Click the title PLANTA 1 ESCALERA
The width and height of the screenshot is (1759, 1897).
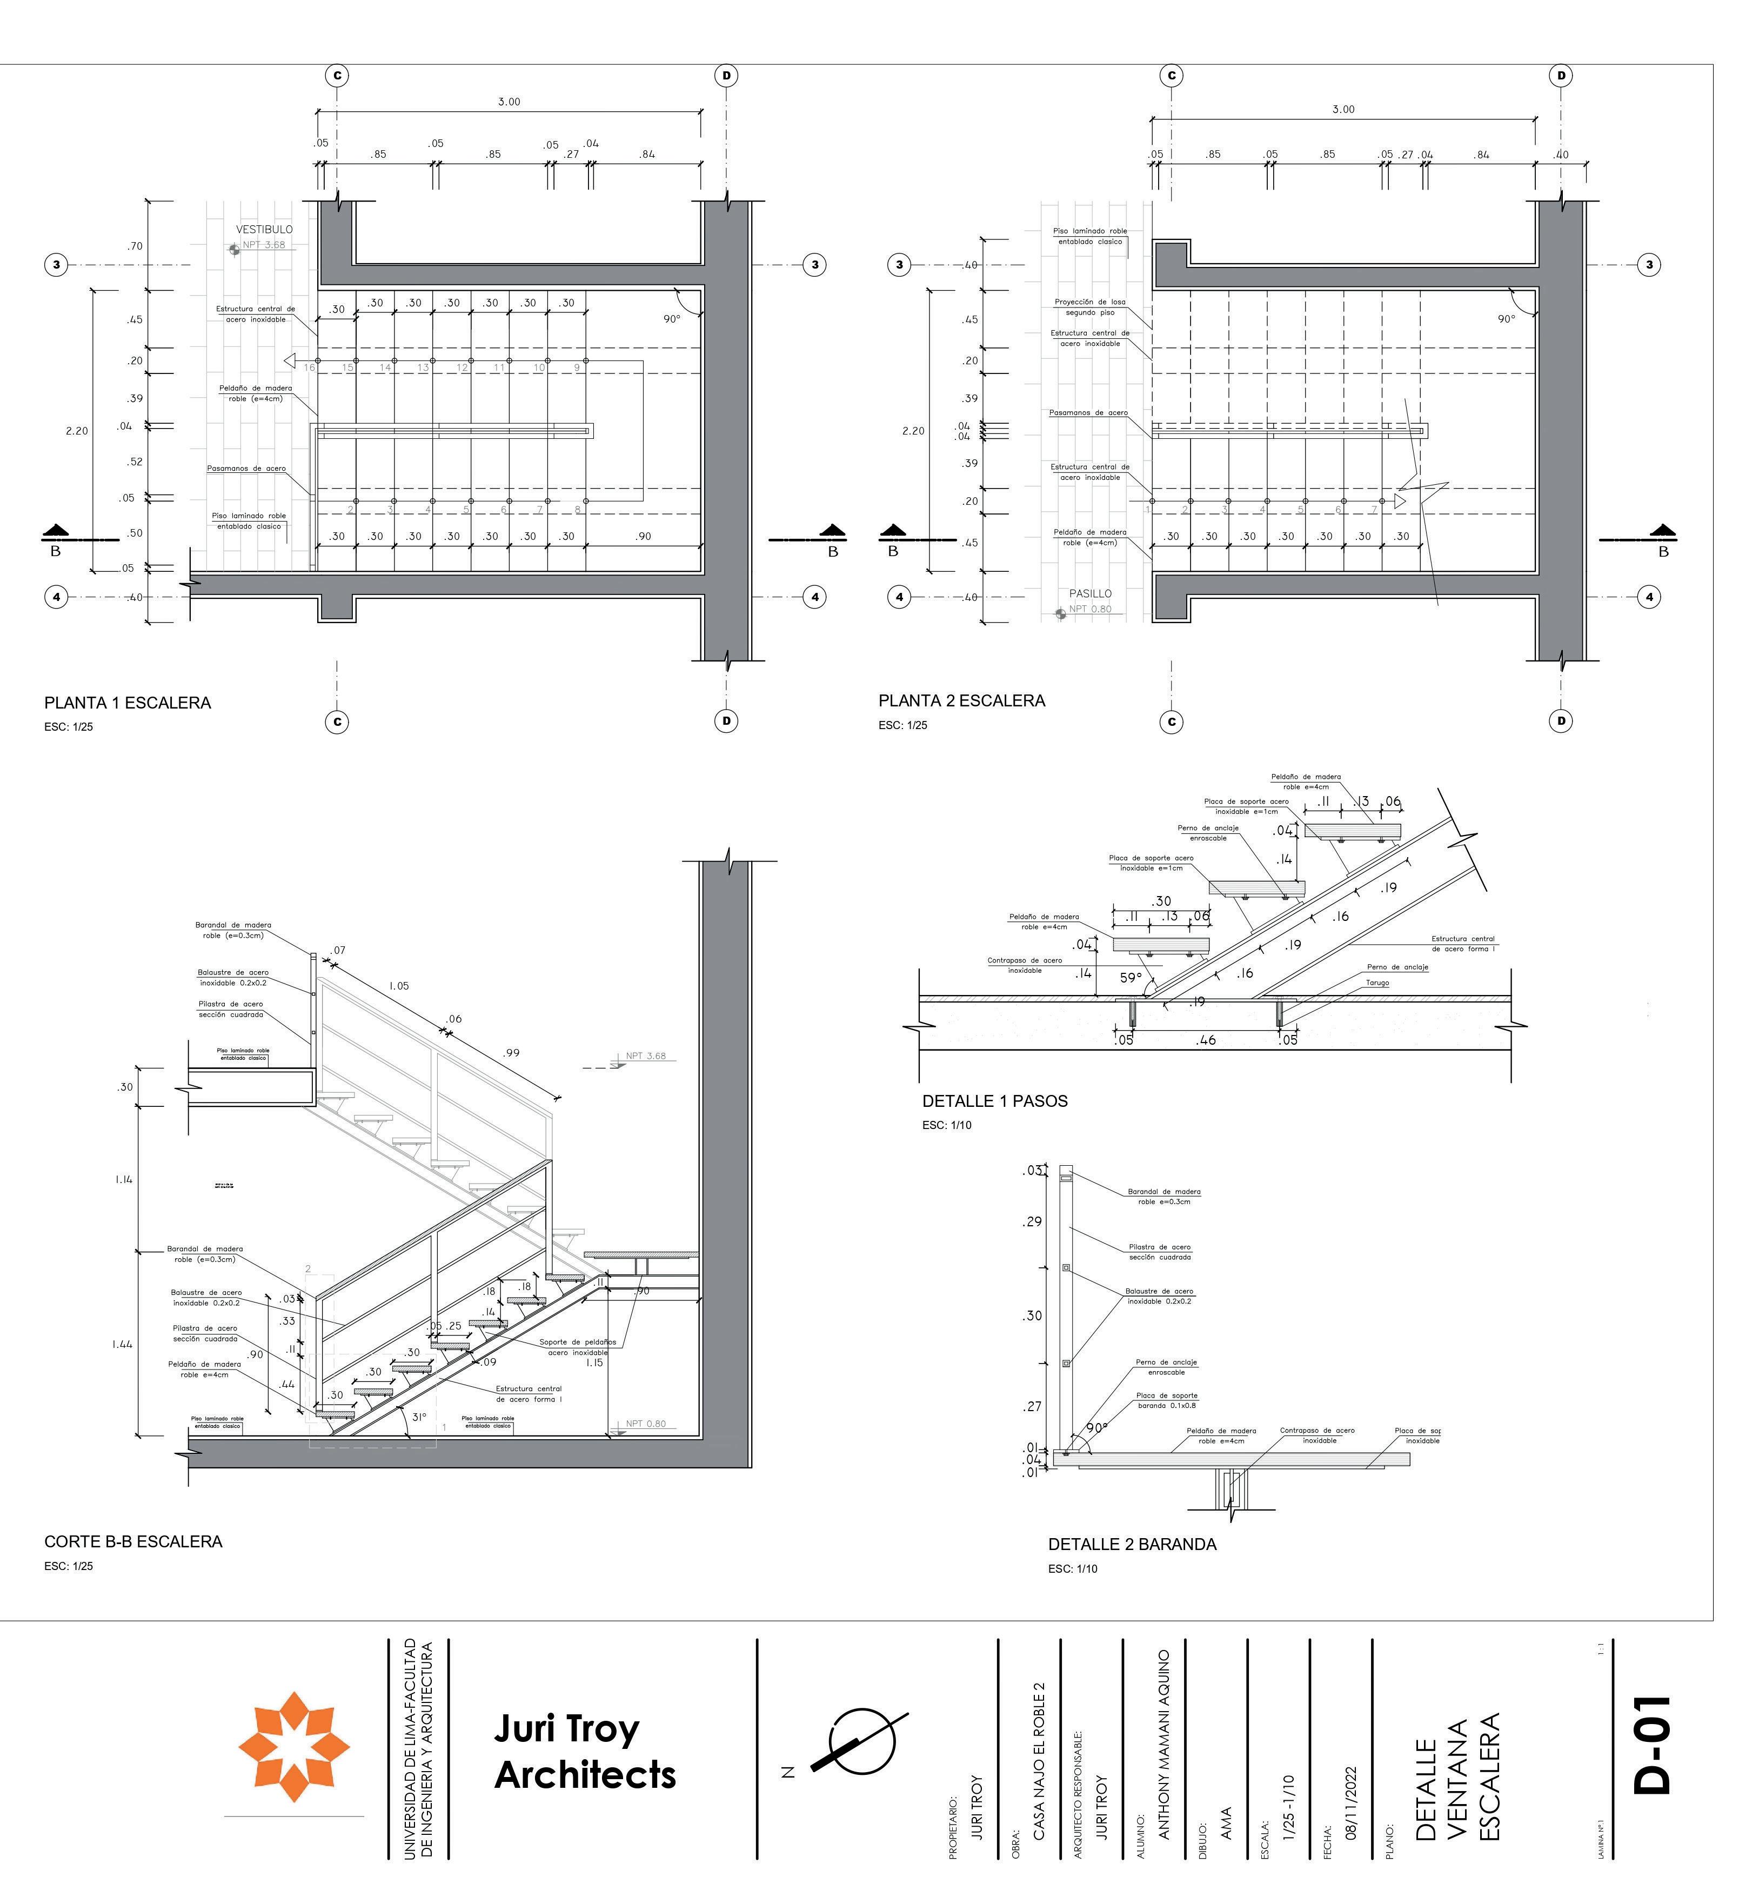(128, 704)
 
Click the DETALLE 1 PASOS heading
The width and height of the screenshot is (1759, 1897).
(995, 1101)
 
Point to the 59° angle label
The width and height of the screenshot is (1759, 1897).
(1130, 978)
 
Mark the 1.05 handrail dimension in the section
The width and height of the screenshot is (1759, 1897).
(399, 986)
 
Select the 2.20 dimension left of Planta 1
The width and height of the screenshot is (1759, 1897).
(77, 431)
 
